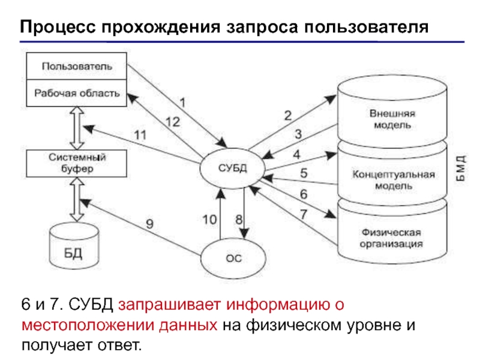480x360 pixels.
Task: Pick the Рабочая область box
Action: (x=76, y=94)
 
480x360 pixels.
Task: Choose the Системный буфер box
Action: (x=76, y=164)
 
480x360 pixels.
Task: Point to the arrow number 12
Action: (x=172, y=122)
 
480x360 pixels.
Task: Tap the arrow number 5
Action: (x=304, y=174)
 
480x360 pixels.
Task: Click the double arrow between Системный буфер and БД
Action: (x=77, y=200)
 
